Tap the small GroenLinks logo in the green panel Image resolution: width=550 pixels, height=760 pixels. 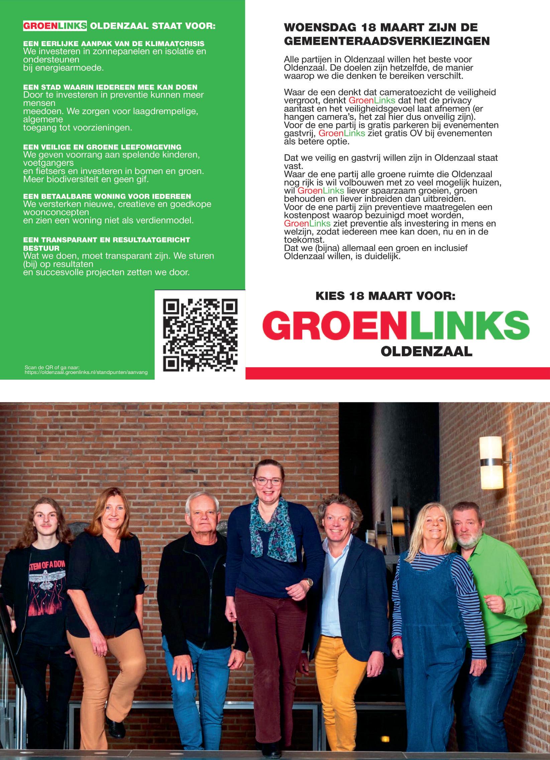54,26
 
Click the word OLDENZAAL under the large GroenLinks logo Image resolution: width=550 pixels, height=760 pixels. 426,352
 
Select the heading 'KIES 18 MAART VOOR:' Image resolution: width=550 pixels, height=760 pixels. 386,296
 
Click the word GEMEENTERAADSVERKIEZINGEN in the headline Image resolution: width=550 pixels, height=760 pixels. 387,41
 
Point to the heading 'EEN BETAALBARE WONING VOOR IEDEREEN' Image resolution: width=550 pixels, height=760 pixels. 107,196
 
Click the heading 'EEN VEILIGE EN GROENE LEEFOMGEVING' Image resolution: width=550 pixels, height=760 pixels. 102,147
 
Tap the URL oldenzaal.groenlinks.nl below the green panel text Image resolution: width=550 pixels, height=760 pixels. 86,372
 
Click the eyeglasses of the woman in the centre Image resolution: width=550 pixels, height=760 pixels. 268,482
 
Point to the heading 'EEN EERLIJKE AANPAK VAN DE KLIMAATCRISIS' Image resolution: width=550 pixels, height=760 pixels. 114,44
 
